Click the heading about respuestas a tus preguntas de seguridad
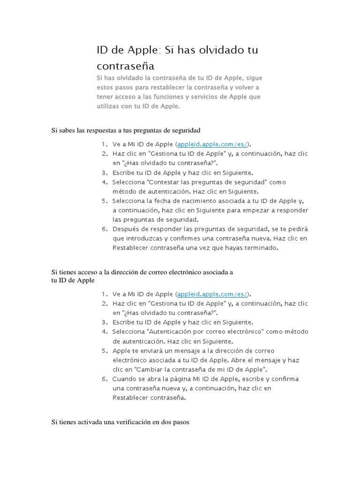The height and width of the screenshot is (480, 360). (x=126, y=130)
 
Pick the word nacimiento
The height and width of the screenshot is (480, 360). (x=199, y=201)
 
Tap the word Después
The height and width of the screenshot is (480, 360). (x=127, y=229)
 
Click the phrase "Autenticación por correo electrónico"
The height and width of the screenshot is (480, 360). (x=206, y=332)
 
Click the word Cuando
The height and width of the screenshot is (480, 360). (x=124, y=379)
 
